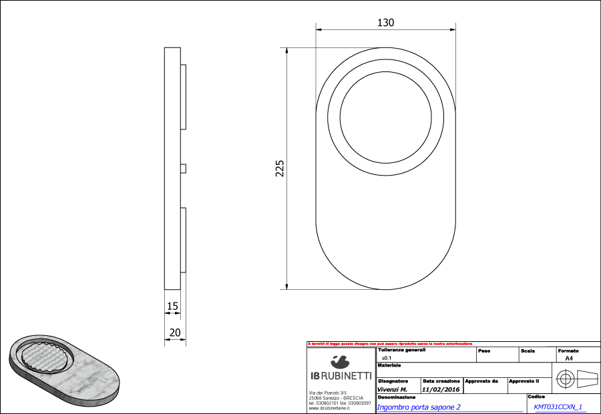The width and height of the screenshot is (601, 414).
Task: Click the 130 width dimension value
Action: (386, 23)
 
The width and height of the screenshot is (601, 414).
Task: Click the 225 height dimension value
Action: (280, 167)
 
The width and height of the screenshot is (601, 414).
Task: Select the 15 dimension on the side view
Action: (172, 306)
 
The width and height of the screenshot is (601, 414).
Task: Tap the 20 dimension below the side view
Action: (175, 332)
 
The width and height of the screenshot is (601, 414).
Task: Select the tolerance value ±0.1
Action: (386, 358)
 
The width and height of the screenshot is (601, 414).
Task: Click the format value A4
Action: (569, 358)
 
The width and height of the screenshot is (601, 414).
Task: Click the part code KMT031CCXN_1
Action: (558, 407)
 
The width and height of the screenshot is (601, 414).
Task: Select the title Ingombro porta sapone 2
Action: (419, 407)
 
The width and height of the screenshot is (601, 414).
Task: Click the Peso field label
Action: (484, 351)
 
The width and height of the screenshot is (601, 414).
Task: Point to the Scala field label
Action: (528, 351)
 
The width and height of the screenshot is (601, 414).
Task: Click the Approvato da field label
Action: (481, 381)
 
